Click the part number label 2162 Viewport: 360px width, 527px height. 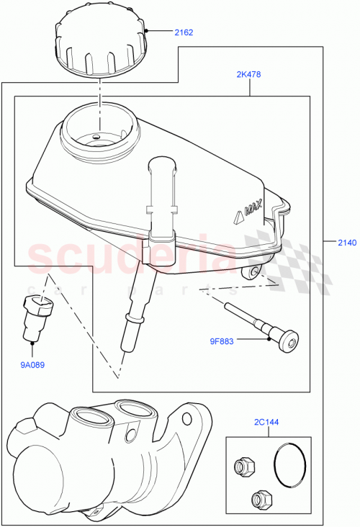click(184, 32)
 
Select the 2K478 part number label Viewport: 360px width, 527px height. click(249, 74)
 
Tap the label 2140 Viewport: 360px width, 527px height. click(346, 243)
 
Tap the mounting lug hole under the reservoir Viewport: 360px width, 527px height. click(253, 272)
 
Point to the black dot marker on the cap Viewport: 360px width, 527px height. click(146, 31)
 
